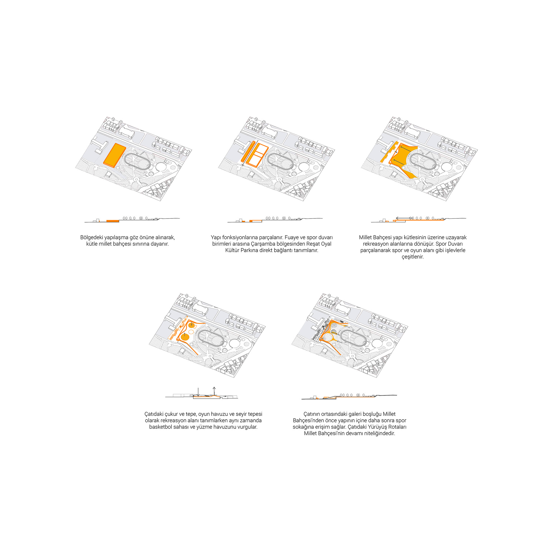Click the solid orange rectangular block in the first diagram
[114, 155]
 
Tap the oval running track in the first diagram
[138, 161]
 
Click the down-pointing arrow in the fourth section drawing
[198, 392]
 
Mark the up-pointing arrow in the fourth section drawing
[214, 391]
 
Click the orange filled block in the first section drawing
[113, 221]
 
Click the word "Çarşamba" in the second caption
[262, 244]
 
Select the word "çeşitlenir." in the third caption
[412, 257]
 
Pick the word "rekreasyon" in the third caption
[376, 244]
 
